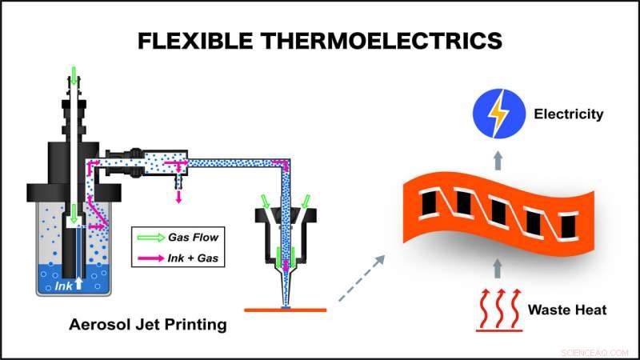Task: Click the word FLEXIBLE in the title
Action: pyautogui.click(x=195, y=41)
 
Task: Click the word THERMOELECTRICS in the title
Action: pyautogui.click(x=382, y=41)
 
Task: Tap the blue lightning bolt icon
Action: pyautogui.click(x=498, y=114)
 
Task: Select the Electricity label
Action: pyautogui.click(x=569, y=114)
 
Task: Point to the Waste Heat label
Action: pyautogui.click(x=567, y=310)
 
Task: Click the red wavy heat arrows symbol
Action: pyautogui.click(x=499, y=310)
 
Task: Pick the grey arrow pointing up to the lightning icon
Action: pyautogui.click(x=498, y=161)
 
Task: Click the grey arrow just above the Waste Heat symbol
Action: pyautogui.click(x=497, y=269)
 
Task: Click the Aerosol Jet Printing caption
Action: pyautogui.click(x=148, y=325)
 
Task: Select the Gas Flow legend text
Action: pyautogui.click(x=193, y=237)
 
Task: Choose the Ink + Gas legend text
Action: pyautogui.click(x=193, y=258)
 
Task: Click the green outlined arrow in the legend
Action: pyautogui.click(x=150, y=238)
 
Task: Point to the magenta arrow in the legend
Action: pyautogui.click(x=150, y=258)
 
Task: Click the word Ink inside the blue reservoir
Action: pyautogui.click(x=63, y=286)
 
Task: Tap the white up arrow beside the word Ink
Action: pyautogui.click(x=78, y=284)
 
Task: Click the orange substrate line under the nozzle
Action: pyautogui.click(x=286, y=310)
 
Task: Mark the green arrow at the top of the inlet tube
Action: pyautogui.click(x=74, y=75)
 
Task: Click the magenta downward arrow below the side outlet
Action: pyautogui.click(x=178, y=196)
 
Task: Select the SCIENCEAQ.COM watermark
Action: pyautogui.click(x=594, y=353)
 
